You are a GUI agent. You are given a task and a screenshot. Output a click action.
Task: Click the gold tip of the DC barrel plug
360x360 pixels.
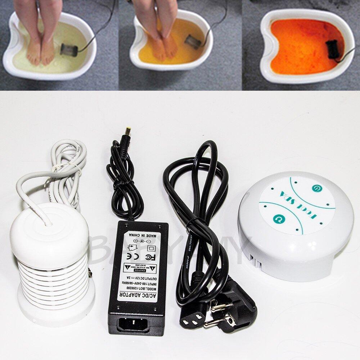pos(127,130)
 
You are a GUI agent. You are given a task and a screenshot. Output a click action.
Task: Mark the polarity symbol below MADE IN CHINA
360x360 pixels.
pos(138,241)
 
